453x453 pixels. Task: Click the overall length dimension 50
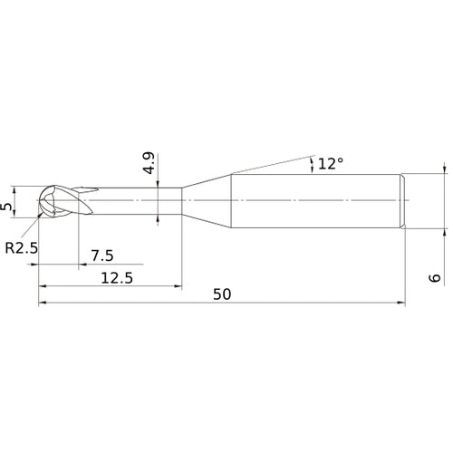pyautogui.click(x=222, y=294)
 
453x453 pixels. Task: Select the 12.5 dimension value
pyautogui.click(x=115, y=278)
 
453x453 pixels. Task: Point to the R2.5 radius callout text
pyautogui.click(x=21, y=246)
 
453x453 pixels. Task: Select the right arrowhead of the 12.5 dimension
pyautogui.click(x=177, y=287)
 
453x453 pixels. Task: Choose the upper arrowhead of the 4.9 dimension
pyautogui.click(x=159, y=185)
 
